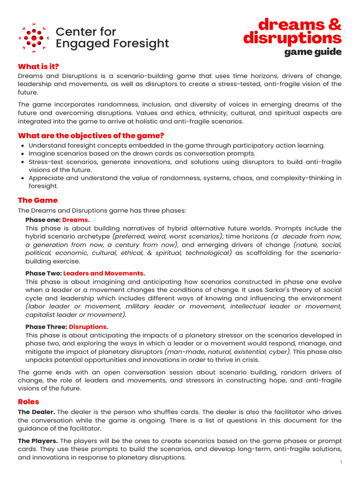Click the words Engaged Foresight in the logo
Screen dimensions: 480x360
pos(112,44)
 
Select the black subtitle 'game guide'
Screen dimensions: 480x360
pos(313,52)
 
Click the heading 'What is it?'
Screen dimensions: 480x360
pos(38,67)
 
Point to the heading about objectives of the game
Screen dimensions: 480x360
pos(91,136)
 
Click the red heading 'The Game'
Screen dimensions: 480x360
pos(37,200)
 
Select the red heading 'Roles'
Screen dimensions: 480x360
pos(29,402)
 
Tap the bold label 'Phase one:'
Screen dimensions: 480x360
pos(43,219)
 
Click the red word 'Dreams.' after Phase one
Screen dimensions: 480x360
pos(76,219)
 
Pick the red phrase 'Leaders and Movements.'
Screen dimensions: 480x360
pos(104,273)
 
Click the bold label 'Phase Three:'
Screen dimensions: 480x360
pos(46,327)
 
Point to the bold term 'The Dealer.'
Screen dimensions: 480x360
pos(37,412)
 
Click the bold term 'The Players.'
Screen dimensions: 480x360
pos(38,441)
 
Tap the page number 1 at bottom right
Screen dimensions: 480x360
pos(341,462)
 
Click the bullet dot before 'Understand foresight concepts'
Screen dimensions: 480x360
pos(22,146)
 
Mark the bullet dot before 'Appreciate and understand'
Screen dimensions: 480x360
pos(22,178)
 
